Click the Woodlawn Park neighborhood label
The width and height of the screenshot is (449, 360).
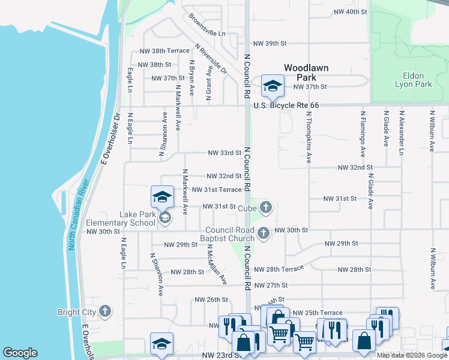click(306, 73)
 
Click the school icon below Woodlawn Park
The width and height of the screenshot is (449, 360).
click(273, 86)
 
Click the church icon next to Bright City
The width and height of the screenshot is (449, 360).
click(106, 311)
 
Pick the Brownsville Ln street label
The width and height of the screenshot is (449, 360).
click(207, 25)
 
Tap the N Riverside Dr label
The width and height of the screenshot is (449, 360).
click(211, 59)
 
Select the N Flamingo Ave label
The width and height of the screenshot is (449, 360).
click(363, 129)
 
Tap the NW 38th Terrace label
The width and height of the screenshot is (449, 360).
click(164, 52)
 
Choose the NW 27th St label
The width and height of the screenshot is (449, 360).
click(271, 285)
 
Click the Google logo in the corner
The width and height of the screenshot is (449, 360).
click(20, 353)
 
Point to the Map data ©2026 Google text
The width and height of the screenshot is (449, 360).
click(411, 355)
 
